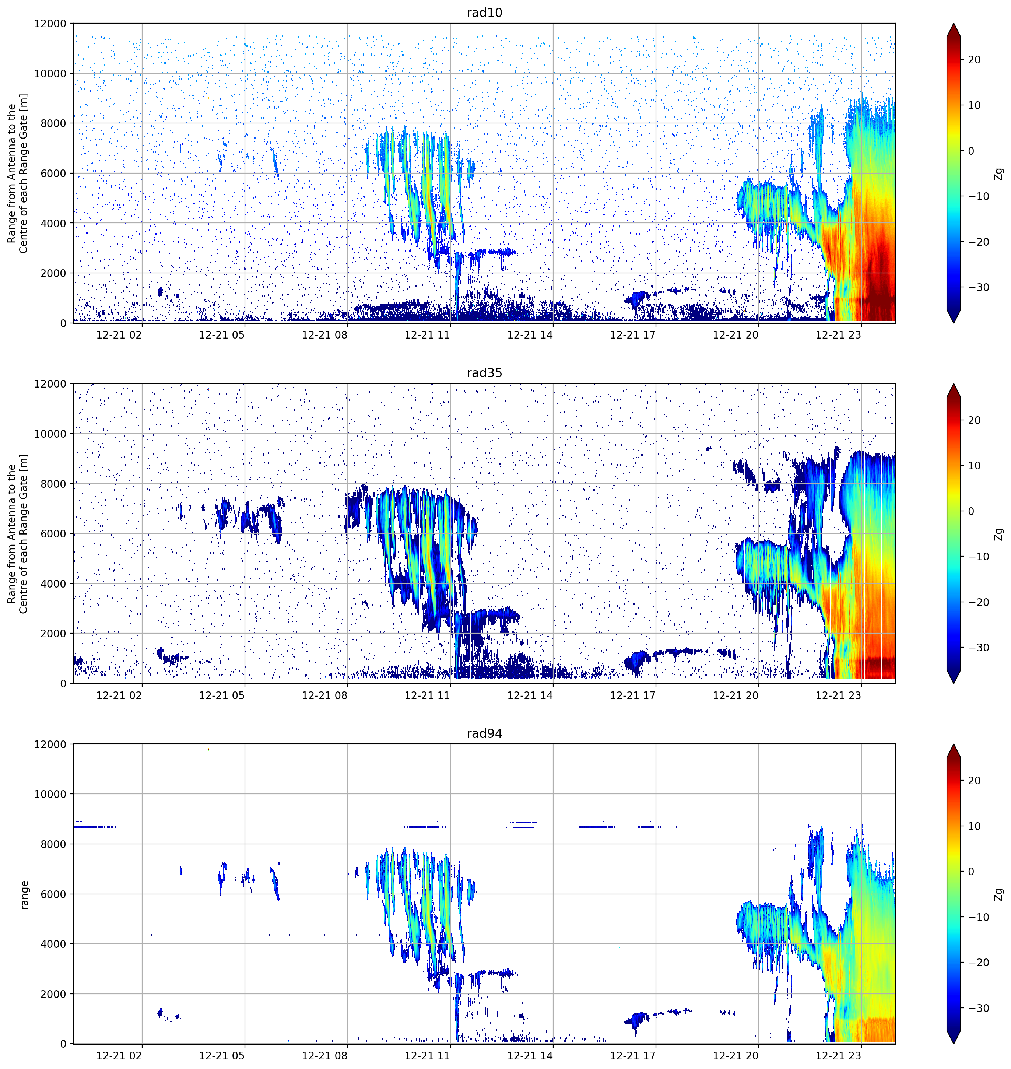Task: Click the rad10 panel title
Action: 484,13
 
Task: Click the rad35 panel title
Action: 484,373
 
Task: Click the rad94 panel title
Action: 484,734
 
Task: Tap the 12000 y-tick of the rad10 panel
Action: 50,24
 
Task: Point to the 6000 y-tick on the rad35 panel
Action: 53,534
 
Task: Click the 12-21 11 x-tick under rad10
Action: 427,335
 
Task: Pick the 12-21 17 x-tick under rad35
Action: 633,695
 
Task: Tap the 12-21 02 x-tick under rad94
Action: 119,1055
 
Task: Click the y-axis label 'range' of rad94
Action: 24,895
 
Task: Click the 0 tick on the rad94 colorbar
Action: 971,872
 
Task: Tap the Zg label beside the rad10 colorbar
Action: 998,174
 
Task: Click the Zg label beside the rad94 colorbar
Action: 998,895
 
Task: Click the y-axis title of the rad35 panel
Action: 18,534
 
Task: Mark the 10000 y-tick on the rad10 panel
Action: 50,74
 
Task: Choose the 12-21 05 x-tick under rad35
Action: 221,695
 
